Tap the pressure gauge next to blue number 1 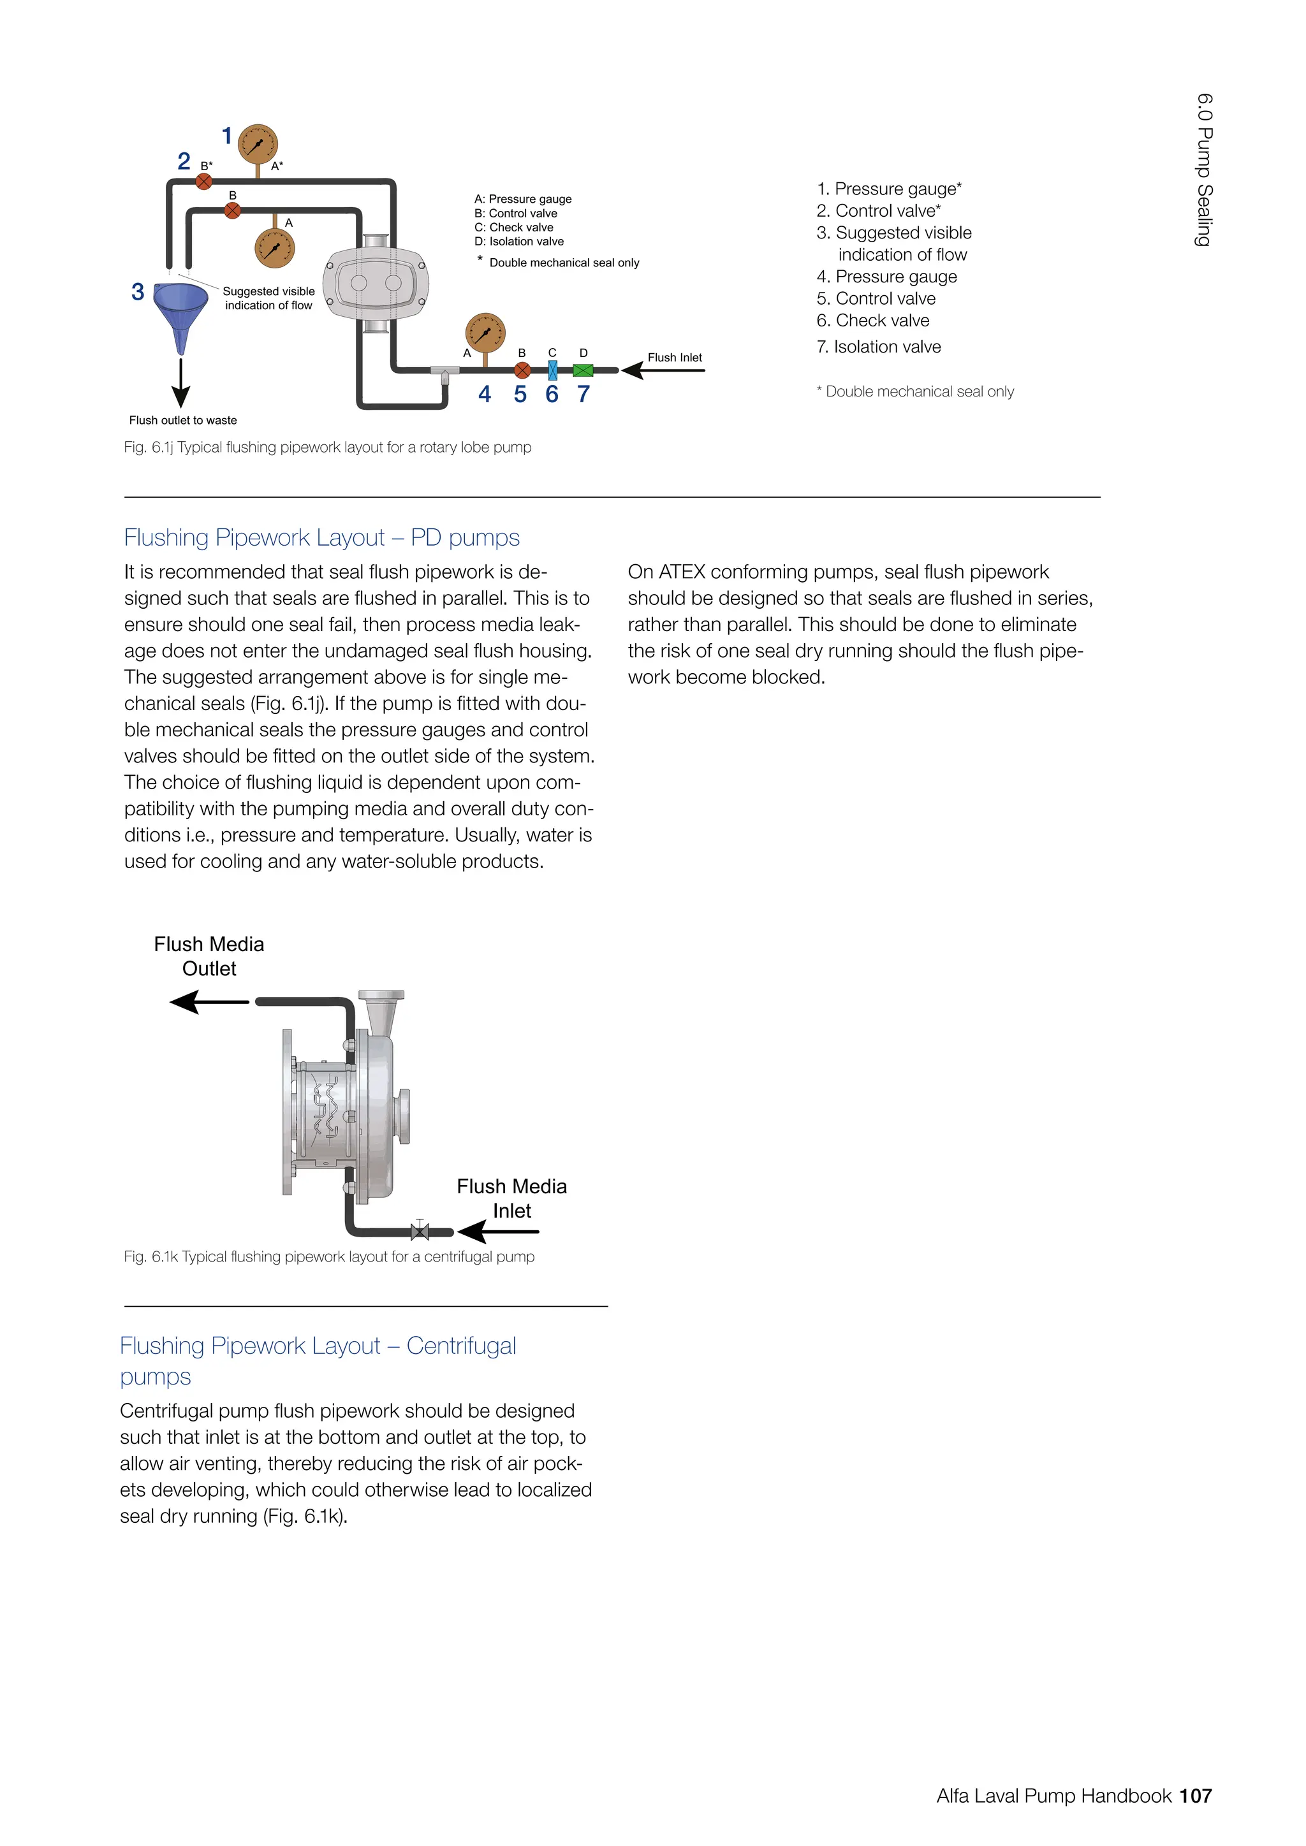tap(258, 145)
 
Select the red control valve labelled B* tap(204, 181)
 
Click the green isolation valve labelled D tap(583, 370)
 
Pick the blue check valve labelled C tap(552, 370)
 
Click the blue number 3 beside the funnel tap(138, 292)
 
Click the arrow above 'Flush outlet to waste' tap(181, 384)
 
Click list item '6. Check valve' tap(872, 321)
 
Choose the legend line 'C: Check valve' tap(514, 228)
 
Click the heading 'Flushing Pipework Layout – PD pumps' tap(321, 537)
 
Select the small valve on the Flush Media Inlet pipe tap(420, 1230)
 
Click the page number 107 tap(1195, 1796)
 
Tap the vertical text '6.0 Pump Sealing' tap(1204, 170)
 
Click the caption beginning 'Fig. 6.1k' tap(329, 1256)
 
